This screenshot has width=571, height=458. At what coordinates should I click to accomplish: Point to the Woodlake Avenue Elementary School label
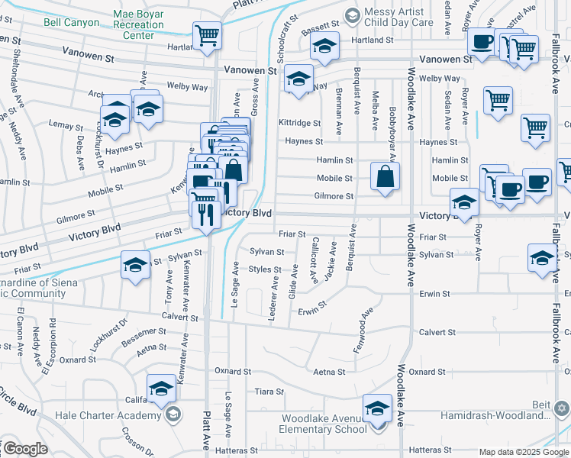click(324, 424)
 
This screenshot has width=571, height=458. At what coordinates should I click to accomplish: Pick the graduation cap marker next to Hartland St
click(324, 47)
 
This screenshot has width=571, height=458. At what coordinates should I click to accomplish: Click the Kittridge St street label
click(299, 122)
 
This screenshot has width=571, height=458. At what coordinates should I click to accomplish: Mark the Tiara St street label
click(269, 392)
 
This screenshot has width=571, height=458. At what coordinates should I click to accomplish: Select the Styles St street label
click(265, 269)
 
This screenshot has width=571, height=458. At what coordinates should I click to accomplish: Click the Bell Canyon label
click(71, 23)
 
